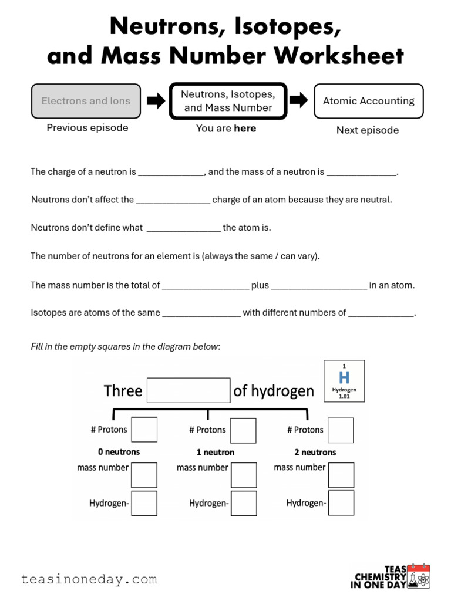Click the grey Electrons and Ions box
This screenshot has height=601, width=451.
click(86, 101)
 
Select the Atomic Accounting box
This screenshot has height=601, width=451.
click(368, 101)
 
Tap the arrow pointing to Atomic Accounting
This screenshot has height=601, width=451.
click(299, 100)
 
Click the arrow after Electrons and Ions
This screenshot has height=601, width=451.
click(156, 101)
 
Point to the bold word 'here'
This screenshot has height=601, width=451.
click(245, 128)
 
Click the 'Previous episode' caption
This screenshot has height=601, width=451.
click(87, 127)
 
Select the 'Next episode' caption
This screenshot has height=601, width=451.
click(367, 130)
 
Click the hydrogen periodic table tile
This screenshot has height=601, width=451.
click(344, 381)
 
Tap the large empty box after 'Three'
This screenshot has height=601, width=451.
click(188, 390)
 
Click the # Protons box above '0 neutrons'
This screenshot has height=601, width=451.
click(144, 430)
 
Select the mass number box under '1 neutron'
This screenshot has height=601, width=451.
click(244, 475)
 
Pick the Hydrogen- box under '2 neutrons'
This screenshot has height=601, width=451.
click(341, 503)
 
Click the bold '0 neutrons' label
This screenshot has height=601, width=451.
click(119, 452)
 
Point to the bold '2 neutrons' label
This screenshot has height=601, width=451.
click(315, 452)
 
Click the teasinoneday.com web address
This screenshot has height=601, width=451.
click(89, 579)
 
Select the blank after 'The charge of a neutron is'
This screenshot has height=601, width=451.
click(171, 172)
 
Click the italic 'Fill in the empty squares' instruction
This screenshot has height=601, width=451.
click(125, 346)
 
